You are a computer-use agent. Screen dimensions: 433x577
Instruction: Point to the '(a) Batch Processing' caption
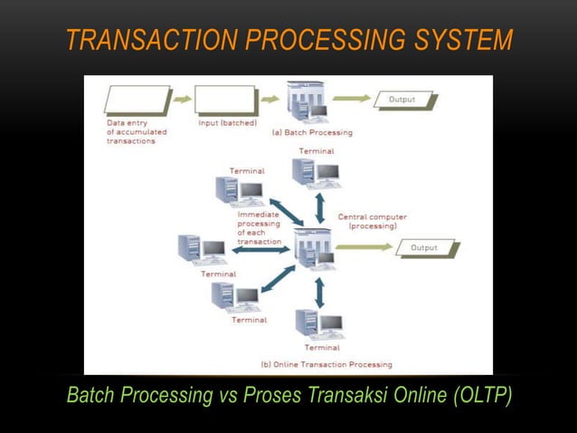(x=312, y=132)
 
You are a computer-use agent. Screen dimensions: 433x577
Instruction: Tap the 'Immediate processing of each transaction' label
(x=259, y=228)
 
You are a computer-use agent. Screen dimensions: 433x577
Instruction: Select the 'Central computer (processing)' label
(x=372, y=221)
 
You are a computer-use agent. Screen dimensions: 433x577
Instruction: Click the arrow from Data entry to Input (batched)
(x=182, y=100)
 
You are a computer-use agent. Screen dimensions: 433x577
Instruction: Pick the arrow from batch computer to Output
(x=353, y=99)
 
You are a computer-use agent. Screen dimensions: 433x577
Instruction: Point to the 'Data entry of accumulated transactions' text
(x=137, y=131)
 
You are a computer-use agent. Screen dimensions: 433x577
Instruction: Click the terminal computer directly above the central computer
(x=316, y=172)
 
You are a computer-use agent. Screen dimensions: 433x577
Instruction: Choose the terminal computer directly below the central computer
(x=318, y=323)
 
